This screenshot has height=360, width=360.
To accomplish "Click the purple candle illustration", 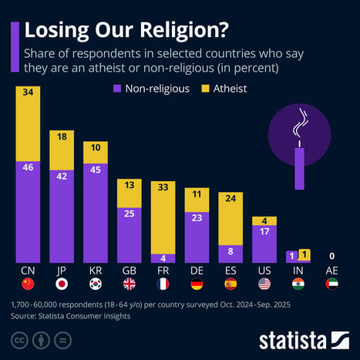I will (x=299, y=166).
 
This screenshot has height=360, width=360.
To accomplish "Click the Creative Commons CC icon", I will (x=18, y=338).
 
